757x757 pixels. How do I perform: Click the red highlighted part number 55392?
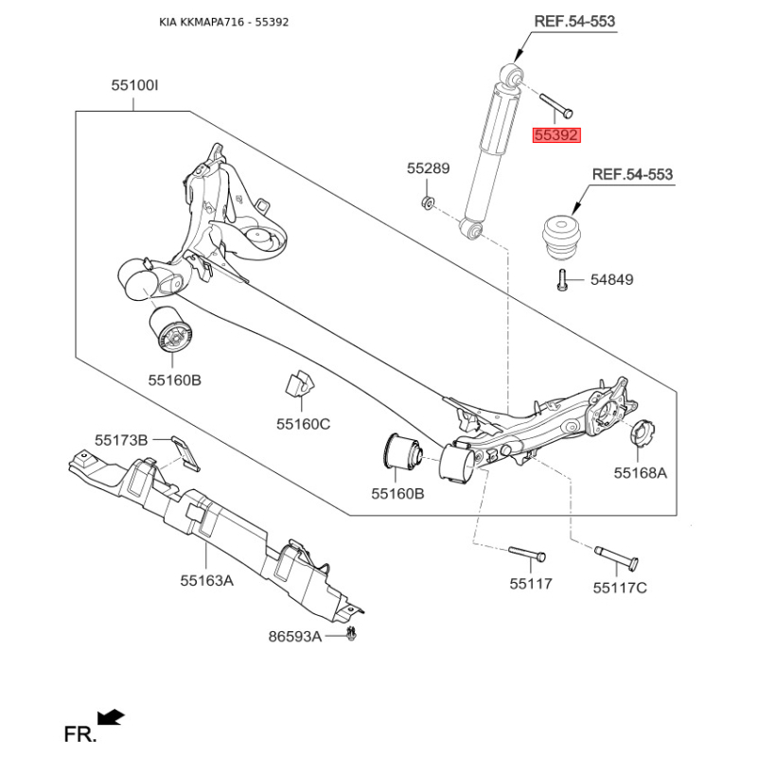(x=555, y=135)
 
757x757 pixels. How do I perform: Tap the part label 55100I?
(x=134, y=86)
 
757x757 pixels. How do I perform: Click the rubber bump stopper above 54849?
(x=563, y=240)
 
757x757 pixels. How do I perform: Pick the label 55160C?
(x=303, y=424)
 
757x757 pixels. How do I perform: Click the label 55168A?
(x=640, y=472)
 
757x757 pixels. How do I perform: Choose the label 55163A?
(x=206, y=580)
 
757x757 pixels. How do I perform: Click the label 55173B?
(x=121, y=440)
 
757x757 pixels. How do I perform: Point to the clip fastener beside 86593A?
(x=351, y=634)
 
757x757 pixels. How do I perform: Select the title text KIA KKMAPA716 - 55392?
(x=224, y=22)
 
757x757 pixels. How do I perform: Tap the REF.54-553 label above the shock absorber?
(x=574, y=21)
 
